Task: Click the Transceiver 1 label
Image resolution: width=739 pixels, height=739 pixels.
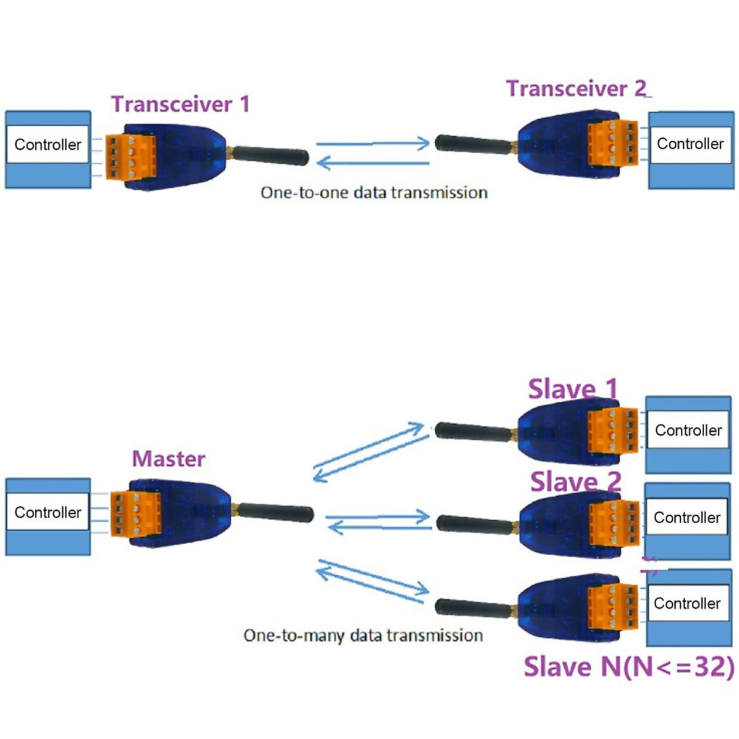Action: (180, 104)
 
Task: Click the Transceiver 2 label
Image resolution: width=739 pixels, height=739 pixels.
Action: (576, 89)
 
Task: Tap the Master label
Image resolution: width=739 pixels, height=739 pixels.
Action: (168, 459)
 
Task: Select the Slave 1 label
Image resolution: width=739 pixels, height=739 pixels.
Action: (572, 389)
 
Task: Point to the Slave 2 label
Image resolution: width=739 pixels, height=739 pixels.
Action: (575, 482)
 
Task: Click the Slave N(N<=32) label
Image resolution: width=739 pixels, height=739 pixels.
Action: (628, 667)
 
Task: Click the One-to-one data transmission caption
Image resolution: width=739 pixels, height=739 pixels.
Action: (374, 193)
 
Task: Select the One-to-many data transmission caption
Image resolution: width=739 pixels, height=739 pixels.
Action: (363, 636)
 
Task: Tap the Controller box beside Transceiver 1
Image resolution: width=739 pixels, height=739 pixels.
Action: (47, 145)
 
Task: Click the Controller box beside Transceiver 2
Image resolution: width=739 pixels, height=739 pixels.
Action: (690, 144)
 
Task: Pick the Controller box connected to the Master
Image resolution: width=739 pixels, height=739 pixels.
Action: (47, 512)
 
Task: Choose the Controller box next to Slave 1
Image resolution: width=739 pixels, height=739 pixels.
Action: (688, 430)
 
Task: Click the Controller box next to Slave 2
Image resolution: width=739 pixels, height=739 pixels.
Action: (687, 518)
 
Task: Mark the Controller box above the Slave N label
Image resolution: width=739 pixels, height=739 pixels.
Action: (687, 604)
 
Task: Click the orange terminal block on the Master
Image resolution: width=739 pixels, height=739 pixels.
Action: (135, 514)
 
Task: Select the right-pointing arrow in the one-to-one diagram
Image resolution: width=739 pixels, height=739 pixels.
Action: (373, 143)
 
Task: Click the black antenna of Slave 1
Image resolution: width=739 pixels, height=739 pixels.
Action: (473, 432)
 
